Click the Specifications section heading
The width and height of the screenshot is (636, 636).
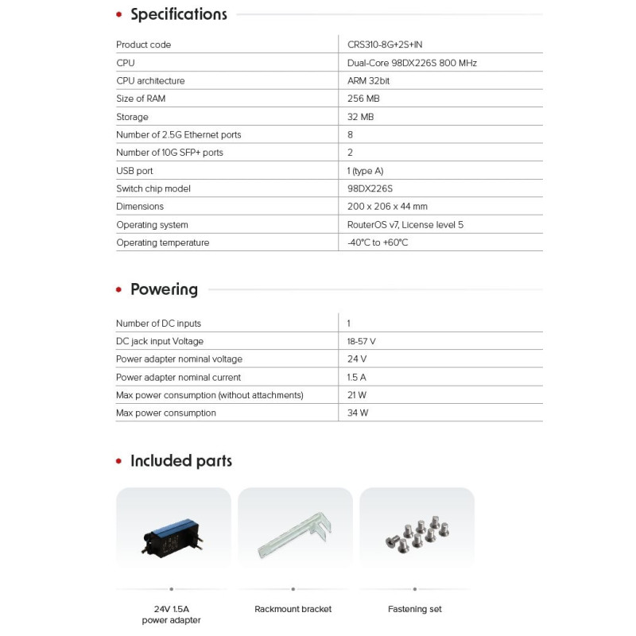(178, 14)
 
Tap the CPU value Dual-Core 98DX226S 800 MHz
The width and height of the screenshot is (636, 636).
(412, 63)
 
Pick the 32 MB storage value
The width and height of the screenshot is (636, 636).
(360, 117)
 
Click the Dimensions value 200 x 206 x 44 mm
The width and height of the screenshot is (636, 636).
(387, 207)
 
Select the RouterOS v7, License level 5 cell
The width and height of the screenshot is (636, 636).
(405, 225)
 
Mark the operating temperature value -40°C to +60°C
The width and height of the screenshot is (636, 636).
(378, 242)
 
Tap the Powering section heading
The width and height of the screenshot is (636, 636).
(164, 289)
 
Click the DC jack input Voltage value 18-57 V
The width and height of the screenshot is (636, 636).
(362, 341)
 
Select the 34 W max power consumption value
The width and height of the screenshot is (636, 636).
(359, 413)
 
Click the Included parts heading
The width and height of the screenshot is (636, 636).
(181, 461)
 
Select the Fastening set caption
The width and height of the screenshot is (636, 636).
(415, 609)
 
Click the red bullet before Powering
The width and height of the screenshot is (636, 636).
(119, 290)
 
